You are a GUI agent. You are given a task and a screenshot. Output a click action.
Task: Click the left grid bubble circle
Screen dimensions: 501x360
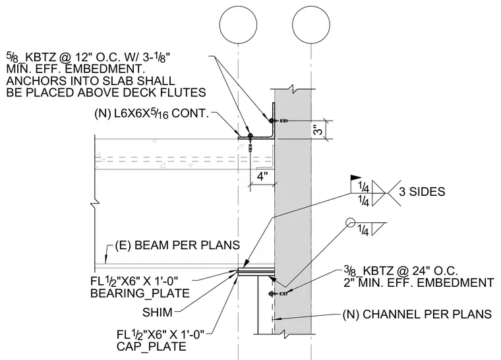(x=239, y=24)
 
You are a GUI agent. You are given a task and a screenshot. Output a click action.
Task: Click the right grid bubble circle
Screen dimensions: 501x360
(x=311, y=24)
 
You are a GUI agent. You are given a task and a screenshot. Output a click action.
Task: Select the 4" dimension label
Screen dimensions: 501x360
(x=262, y=176)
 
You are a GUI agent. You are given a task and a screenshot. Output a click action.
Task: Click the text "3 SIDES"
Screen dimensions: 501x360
(x=422, y=191)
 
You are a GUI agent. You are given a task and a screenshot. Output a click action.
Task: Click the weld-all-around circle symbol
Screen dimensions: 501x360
(x=351, y=222)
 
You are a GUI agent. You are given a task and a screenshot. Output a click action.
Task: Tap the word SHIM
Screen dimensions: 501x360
(x=158, y=313)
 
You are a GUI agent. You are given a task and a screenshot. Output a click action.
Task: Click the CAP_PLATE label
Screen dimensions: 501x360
(x=151, y=347)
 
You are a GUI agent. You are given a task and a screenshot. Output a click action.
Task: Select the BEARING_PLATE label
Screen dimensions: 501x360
(x=140, y=293)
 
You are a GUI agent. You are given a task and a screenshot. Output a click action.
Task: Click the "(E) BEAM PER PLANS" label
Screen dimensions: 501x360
(x=177, y=245)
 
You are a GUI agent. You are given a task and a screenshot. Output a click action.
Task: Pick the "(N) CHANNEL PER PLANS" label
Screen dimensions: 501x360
(x=417, y=315)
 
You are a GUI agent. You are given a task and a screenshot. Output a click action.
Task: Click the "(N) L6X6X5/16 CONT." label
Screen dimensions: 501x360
(x=152, y=113)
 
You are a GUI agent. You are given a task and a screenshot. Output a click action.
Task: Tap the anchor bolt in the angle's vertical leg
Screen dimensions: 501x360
(x=278, y=121)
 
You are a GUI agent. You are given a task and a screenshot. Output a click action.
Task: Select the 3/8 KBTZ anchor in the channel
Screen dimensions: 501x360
(x=279, y=293)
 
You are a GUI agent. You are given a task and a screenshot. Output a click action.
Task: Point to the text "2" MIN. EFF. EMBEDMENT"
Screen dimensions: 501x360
(x=419, y=283)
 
